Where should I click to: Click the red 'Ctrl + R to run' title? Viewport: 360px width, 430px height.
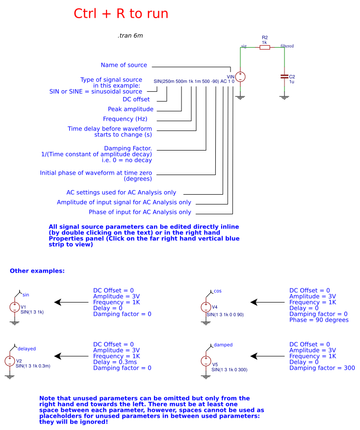click(x=121, y=14)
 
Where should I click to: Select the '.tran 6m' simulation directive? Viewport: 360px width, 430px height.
click(x=130, y=36)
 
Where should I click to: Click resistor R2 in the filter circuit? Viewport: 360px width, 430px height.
click(x=265, y=47)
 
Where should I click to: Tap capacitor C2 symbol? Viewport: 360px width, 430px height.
click(x=284, y=77)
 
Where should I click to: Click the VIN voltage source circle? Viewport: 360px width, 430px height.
click(x=240, y=77)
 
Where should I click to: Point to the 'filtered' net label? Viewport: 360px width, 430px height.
click(x=287, y=46)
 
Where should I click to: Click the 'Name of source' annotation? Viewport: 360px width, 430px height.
click(x=124, y=65)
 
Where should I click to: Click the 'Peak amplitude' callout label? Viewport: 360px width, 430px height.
click(x=130, y=109)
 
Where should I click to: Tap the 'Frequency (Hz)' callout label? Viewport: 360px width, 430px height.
click(x=125, y=119)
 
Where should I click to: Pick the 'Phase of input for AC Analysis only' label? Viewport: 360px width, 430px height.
click(x=140, y=212)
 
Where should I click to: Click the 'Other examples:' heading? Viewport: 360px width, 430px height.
click(x=37, y=271)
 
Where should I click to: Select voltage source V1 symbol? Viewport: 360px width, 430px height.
click(x=14, y=307)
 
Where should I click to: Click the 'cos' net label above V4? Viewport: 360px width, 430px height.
click(x=218, y=291)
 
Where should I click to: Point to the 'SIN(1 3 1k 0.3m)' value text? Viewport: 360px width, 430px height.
click(x=33, y=366)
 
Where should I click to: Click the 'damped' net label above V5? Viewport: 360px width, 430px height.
click(x=223, y=345)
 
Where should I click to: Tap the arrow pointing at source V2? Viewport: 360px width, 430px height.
click(x=71, y=356)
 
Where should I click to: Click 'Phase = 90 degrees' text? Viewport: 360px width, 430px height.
click(x=319, y=320)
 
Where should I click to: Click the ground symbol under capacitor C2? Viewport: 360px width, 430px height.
click(x=284, y=98)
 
